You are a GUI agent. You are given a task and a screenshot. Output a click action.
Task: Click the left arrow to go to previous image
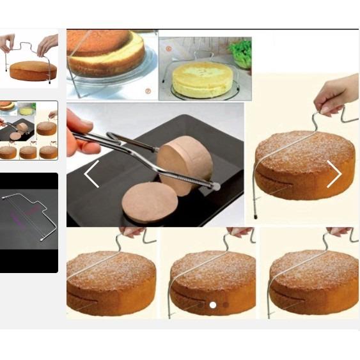click(x=91, y=174)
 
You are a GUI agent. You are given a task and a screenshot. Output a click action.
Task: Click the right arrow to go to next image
click(x=334, y=174)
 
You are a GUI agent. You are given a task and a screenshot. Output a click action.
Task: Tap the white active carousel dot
click(x=213, y=305)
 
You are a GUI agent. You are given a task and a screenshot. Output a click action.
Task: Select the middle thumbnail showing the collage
click(x=29, y=130)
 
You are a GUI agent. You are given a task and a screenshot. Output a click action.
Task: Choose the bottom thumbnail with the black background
click(x=29, y=223)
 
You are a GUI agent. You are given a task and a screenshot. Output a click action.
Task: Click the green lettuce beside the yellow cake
click(x=240, y=52)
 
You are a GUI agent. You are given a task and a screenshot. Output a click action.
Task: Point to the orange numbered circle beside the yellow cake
click(x=169, y=48)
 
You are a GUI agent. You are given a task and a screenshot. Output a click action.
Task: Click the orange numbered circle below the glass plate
click(x=148, y=91)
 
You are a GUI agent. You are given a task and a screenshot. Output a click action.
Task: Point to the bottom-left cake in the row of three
click(x=111, y=281)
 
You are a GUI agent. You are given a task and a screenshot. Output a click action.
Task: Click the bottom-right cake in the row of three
click(x=313, y=281)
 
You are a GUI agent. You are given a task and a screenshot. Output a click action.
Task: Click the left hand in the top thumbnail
click(x=8, y=43)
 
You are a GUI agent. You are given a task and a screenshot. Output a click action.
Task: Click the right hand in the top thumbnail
click(x=47, y=44)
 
